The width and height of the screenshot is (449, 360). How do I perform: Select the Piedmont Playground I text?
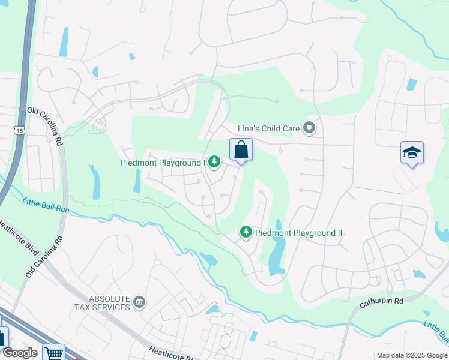pyautogui.click(x=163, y=162)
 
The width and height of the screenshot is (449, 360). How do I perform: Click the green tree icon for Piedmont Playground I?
pyautogui.click(x=214, y=162)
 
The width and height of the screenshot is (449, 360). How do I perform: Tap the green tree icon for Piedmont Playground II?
pyautogui.click(x=246, y=232)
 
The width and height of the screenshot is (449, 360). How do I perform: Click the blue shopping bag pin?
pyautogui.click(x=241, y=149)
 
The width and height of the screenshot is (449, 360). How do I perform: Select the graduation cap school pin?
pyautogui.click(x=412, y=153)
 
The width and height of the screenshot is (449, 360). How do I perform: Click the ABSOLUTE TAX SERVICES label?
pyautogui.click(x=101, y=302)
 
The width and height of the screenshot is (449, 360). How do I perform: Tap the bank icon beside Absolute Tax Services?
pyautogui.click(x=139, y=301)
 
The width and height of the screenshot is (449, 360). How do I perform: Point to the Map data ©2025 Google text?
pyautogui.click(x=411, y=355)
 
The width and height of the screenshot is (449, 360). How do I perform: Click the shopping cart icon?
pyautogui.click(x=54, y=353)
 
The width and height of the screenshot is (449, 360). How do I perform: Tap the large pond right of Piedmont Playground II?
pyautogui.click(x=276, y=255)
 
